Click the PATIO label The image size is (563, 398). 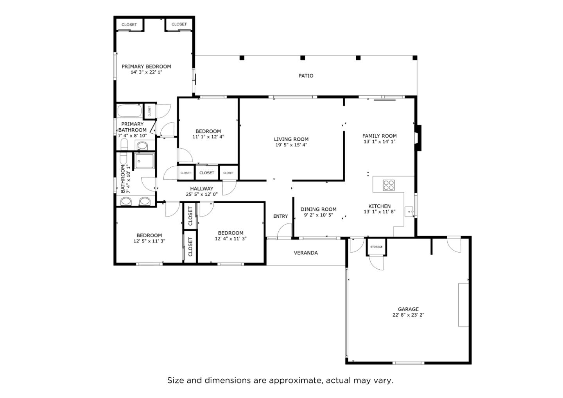click(x=306, y=76)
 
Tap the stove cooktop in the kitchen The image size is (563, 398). click(x=388, y=185)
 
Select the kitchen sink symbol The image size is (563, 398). click(x=409, y=212)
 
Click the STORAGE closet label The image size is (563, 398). click(x=377, y=247)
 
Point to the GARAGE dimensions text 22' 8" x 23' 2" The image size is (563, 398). click(x=408, y=315)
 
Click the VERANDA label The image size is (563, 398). click(x=306, y=253)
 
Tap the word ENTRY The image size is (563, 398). click(x=280, y=216)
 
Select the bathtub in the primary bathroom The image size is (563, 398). click(x=129, y=111)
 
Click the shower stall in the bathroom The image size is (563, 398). click(x=144, y=161)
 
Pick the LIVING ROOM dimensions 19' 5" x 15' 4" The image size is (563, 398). click(x=291, y=145)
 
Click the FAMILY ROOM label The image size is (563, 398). click(x=379, y=136)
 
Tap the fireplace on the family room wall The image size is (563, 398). click(x=418, y=138)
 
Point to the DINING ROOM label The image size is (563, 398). click(x=318, y=209)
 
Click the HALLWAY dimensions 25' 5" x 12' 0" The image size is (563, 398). click(x=201, y=194)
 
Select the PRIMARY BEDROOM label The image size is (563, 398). click(x=146, y=66)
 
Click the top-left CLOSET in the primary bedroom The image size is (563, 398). click(x=129, y=25)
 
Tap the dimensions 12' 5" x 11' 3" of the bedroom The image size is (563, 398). click(x=149, y=241)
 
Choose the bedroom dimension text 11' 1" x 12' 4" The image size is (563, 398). click(x=208, y=137)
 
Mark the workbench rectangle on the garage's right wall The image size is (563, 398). click(x=463, y=305)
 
